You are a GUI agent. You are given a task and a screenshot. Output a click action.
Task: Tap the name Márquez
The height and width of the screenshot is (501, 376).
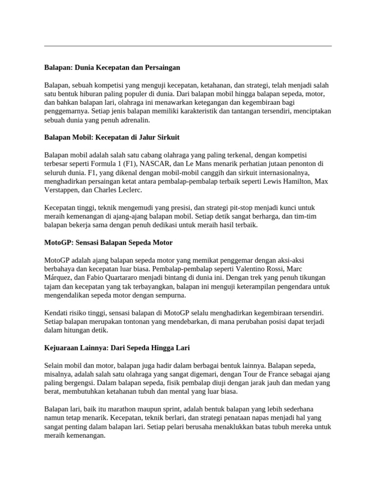[58, 277]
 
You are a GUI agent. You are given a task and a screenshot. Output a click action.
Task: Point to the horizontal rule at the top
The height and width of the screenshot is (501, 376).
[188, 46]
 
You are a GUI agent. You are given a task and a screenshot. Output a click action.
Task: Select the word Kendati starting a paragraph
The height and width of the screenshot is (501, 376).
[57, 313]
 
